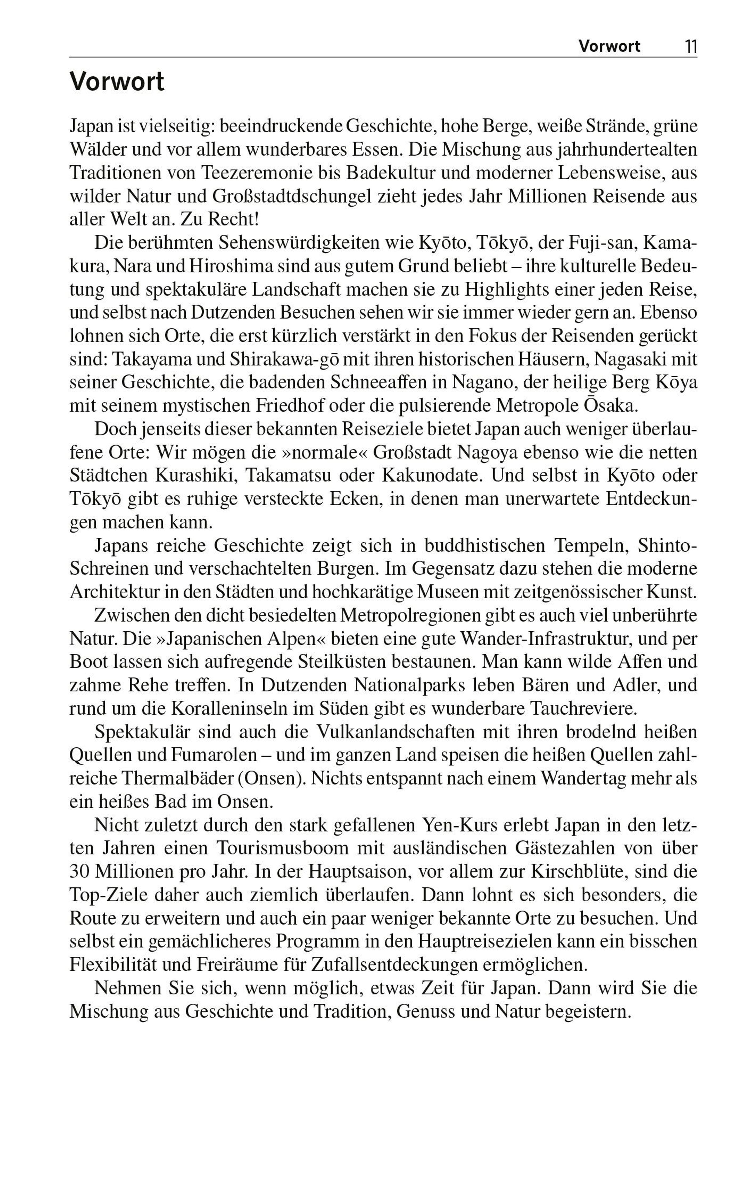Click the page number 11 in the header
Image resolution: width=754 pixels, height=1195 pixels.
(x=691, y=47)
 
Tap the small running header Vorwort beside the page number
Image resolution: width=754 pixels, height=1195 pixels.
(x=609, y=47)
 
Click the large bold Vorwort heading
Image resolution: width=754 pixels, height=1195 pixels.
(x=117, y=82)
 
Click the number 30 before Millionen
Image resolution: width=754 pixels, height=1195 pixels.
(x=79, y=872)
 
